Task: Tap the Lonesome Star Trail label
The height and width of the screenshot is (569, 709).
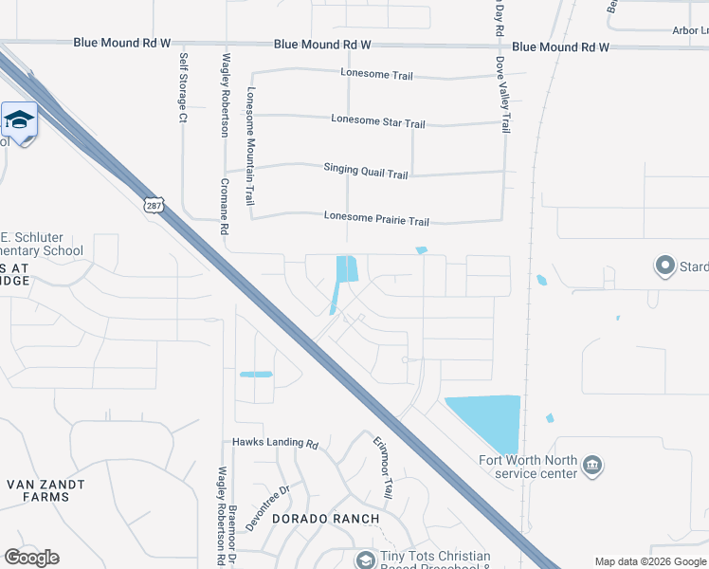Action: pyautogui.click(x=378, y=121)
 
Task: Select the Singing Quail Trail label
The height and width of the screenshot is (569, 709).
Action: pyautogui.click(x=365, y=172)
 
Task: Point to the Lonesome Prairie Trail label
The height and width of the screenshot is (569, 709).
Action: pyautogui.click(x=376, y=219)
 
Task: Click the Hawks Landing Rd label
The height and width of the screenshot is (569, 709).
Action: pyautogui.click(x=275, y=443)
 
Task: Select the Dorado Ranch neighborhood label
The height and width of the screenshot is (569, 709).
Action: pyautogui.click(x=326, y=519)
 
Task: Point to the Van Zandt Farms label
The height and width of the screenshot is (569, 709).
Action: pyautogui.click(x=45, y=490)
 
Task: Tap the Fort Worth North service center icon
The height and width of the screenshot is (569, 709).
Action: pyautogui.click(x=592, y=465)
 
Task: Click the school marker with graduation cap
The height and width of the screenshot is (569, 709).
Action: pyautogui.click(x=19, y=119)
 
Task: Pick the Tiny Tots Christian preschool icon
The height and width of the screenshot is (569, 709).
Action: pyautogui.click(x=365, y=560)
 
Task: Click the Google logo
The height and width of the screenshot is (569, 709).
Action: pyautogui.click(x=31, y=558)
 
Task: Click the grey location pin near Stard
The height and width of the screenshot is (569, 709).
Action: pyautogui.click(x=664, y=266)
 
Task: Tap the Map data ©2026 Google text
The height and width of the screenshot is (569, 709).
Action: pyautogui.click(x=649, y=561)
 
